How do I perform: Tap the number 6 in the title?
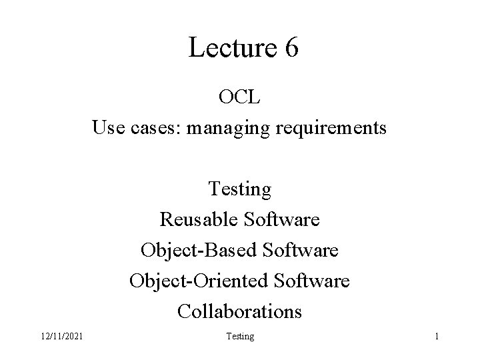tap(290, 48)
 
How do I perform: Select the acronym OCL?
tap(240, 98)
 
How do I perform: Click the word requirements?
tap(329, 127)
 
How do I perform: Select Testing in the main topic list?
tap(240, 189)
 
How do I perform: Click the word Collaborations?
tap(240, 311)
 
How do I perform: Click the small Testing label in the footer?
tap(240, 337)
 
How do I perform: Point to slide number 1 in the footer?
tap(436, 337)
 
